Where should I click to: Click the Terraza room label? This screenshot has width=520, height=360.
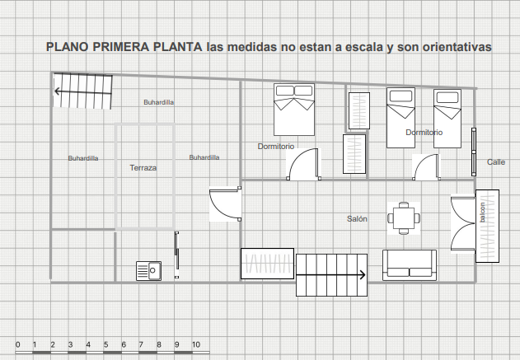pos(143,168)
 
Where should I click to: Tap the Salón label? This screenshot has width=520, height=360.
pos(357,219)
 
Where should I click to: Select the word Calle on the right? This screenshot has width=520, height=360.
pos(496,162)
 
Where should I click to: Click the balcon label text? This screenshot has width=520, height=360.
pos(482,213)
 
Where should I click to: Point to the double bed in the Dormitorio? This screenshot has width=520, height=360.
pos(294,110)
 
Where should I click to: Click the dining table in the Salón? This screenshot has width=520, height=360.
pos(404,218)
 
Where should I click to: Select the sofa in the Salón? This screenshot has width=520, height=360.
pos(410,265)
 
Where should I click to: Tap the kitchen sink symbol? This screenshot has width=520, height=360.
pos(149,271)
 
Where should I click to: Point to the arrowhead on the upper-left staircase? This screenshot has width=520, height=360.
pos(58,91)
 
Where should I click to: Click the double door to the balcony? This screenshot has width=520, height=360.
pos(463,224)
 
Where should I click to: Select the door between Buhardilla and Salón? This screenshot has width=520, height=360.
pos(225,203)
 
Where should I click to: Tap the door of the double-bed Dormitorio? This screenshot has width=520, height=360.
pos(303,164)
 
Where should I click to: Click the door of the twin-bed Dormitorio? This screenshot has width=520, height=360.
pos(427,167)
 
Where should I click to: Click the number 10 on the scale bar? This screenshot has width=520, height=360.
pos(196,344)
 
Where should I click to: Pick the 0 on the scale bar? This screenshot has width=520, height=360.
pos(18,344)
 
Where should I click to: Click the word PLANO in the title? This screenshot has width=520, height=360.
pos(68,47)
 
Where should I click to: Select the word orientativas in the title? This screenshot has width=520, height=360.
pos(457,47)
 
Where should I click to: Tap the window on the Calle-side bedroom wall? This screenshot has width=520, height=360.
pos(474,152)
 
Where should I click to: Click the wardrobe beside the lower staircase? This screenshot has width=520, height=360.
pos(267,264)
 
